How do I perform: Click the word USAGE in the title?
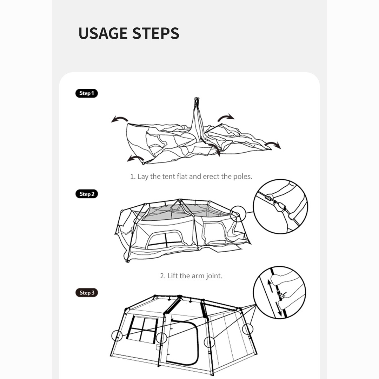pos(103,33)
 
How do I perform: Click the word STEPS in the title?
pos(156,33)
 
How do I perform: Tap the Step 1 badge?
pos(87,93)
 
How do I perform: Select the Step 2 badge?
pos(87,194)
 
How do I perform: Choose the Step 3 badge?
pos(87,292)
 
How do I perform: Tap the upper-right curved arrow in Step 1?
pos(226,118)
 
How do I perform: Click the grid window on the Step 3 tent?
pos(142,329)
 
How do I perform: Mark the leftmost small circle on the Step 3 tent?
pos(117,336)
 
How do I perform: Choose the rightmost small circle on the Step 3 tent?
pos(248,329)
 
